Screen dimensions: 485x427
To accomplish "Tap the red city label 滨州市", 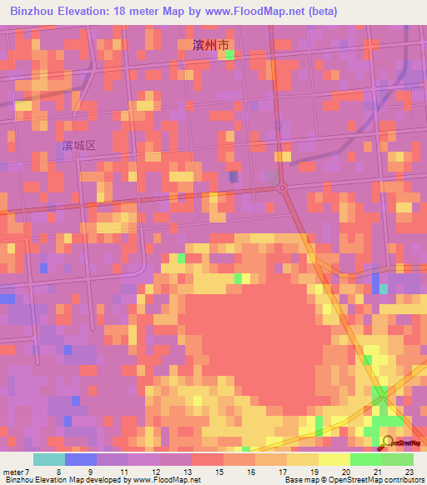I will pyautogui.click(x=202, y=47).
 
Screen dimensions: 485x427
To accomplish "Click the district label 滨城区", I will pyautogui.click(x=79, y=145).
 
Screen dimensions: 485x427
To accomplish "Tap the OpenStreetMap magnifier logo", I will pyautogui.click(x=389, y=442).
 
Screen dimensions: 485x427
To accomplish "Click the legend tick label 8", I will pyautogui.click(x=58, y=472).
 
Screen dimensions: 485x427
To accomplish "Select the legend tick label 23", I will pyautogui.click(x=409, y=472).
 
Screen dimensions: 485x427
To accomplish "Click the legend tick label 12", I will pyautogui.click(x=154, y=472).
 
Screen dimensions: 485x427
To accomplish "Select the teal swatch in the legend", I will pyautogui.click(x=49, y=459).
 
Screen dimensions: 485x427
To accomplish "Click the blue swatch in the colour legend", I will pyautogui.click(x=81, y=459).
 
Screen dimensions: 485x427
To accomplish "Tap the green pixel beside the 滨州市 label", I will pyautogui.click(x=229, y=54).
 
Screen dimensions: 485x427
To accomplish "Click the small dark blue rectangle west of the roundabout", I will pyautogui.click(x=234, y=177).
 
